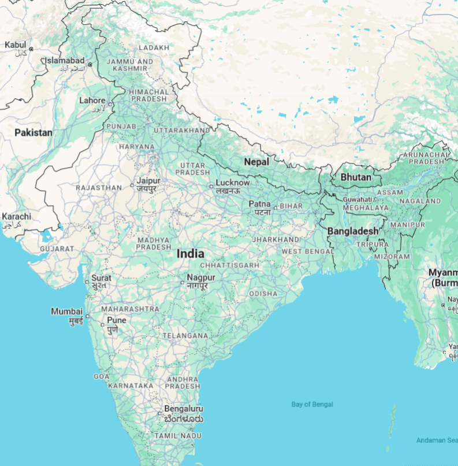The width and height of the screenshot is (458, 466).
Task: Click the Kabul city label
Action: pyautogui.click(x=15, y=45)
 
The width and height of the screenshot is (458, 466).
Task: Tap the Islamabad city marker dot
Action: pyautogui.click(x=90, y=64)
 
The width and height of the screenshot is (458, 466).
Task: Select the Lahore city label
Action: pyautogui.click(x=92, y=101)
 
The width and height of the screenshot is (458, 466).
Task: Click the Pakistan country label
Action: pyautogui.click(x=33, y=132)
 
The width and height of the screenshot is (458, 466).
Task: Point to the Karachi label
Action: pyautogui.click(x=16, y=217)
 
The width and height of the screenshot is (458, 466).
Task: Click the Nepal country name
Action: pyautogui.click(x=256, y=162)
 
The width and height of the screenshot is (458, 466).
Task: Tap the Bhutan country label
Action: pyautogui.click(x=356, y=177)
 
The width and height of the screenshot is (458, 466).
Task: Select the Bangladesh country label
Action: pyautogui.click(x=352, y=231)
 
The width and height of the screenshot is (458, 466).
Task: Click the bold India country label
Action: pyautogui.click(x=190, y=253)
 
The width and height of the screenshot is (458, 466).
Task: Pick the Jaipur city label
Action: pyautogui.click(x=148, y=181)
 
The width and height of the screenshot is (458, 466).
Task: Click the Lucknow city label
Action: pyautogui.click(x=232, y=183)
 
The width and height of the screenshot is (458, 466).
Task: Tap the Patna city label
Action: pyautogui.click(x=259, y=204)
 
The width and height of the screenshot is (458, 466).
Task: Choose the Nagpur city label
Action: pyautogui.click(x=200, y=278)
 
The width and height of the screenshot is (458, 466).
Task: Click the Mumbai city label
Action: pyautogui.click(x=67, y=312)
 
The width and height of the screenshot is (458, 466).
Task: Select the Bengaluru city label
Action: pyautogui.click(x=183, y=408)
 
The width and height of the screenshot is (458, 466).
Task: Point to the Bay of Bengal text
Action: pyautogui.click(x=312, y=404)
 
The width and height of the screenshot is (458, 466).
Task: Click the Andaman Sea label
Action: pyautogui.click(x=437, y=441)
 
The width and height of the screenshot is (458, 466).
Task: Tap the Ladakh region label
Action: pyautogui.click(x=154, y=47)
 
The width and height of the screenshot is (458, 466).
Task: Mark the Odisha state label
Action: pyautogui.click(x=263, y=294)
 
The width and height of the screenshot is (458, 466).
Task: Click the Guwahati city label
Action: pyautogui.click(x=357, y=199)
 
